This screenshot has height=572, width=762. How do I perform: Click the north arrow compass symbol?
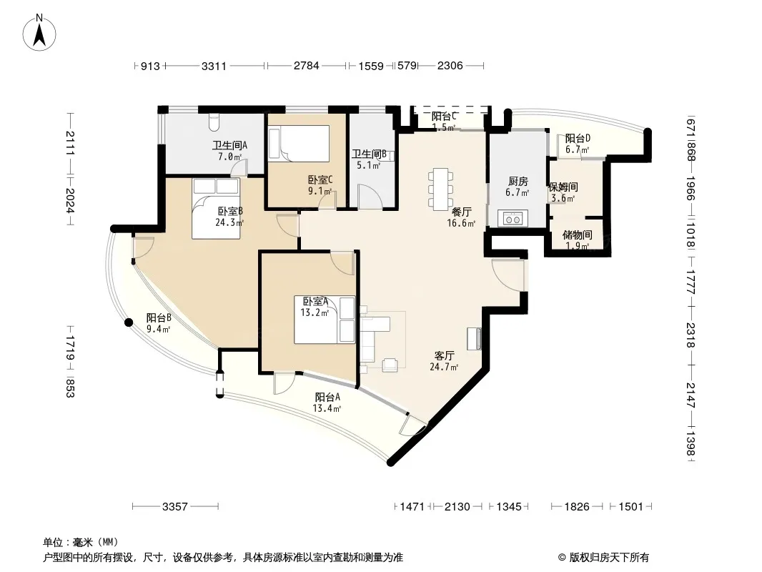point(39,33)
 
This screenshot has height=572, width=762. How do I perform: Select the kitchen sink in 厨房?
point(513,218)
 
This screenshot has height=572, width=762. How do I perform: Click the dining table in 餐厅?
point(441,187)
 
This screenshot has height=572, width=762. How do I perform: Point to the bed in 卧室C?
point(299,144)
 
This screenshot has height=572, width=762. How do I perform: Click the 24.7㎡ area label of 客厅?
point(444,367)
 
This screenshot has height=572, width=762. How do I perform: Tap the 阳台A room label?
point(327,397)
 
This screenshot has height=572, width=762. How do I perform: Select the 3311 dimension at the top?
point(214,66)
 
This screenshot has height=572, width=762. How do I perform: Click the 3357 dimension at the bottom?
point(175,506)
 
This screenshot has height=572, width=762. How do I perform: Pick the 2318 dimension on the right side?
point(691,335)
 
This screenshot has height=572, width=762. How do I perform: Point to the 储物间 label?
point(578,235)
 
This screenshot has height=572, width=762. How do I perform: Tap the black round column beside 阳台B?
point(128,322)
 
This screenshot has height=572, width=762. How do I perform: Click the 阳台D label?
point(578,139)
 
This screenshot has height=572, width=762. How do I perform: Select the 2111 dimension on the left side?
point(70,144)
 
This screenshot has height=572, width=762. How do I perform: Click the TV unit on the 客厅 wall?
point(475,339)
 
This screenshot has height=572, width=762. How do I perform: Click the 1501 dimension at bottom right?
point(630,506)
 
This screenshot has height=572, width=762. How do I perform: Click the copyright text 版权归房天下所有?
point(609,558)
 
